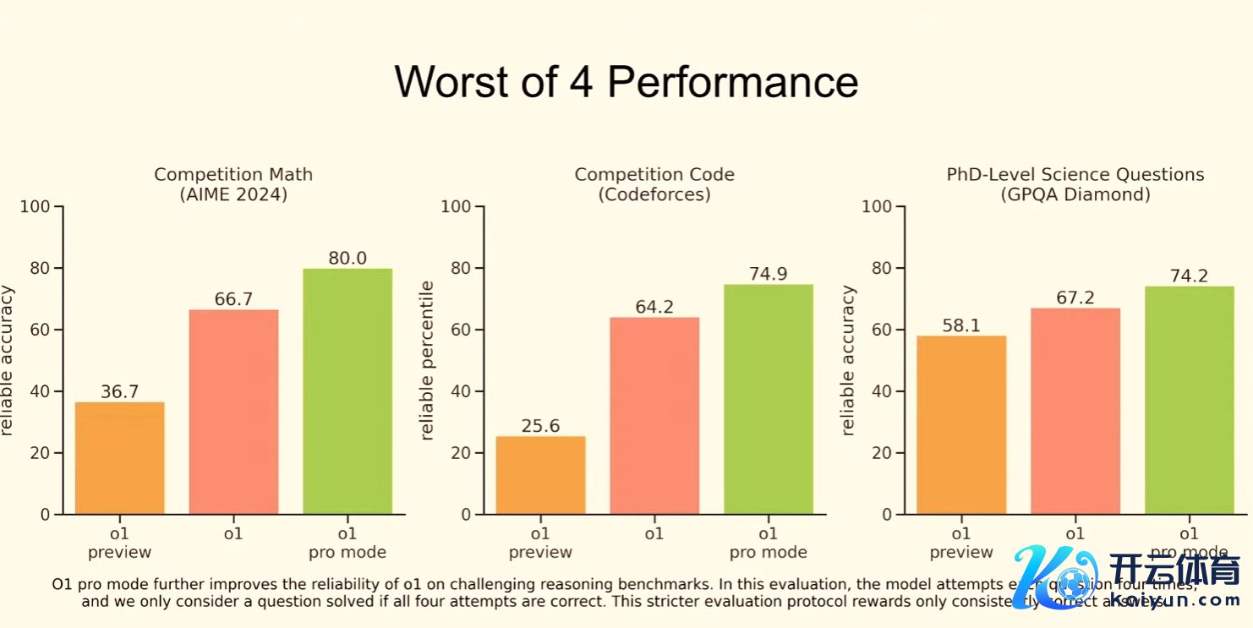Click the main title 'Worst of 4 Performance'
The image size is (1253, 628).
[x=626, y=82]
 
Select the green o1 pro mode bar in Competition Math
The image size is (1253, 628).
[x=347, y=391]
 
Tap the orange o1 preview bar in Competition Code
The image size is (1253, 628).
[x=540, y=474]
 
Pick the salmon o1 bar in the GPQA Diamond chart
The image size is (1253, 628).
[x=1075, y=411]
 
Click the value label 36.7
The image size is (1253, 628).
[x=119, y=391]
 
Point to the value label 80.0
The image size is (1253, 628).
[x=347, y=258]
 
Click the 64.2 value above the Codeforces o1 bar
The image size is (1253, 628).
[x=654, y=307]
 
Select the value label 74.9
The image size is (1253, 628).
[x=768, y=274]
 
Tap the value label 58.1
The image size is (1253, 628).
[x=960, y=325]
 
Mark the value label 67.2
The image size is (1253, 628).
[x=1075, y=298]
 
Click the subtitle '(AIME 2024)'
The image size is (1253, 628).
[x=233, y=194]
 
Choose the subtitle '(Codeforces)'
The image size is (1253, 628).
[x=654, y=194]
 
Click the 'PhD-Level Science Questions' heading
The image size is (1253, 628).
[x=1075, y=175]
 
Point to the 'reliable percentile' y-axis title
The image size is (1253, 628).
[x=427, y=361]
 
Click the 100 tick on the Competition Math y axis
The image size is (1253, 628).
[x=39, y=207]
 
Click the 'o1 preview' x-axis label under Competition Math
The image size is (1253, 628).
[x=119, y=543]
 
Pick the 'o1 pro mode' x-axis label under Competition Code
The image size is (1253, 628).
[x=768, y=543]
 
